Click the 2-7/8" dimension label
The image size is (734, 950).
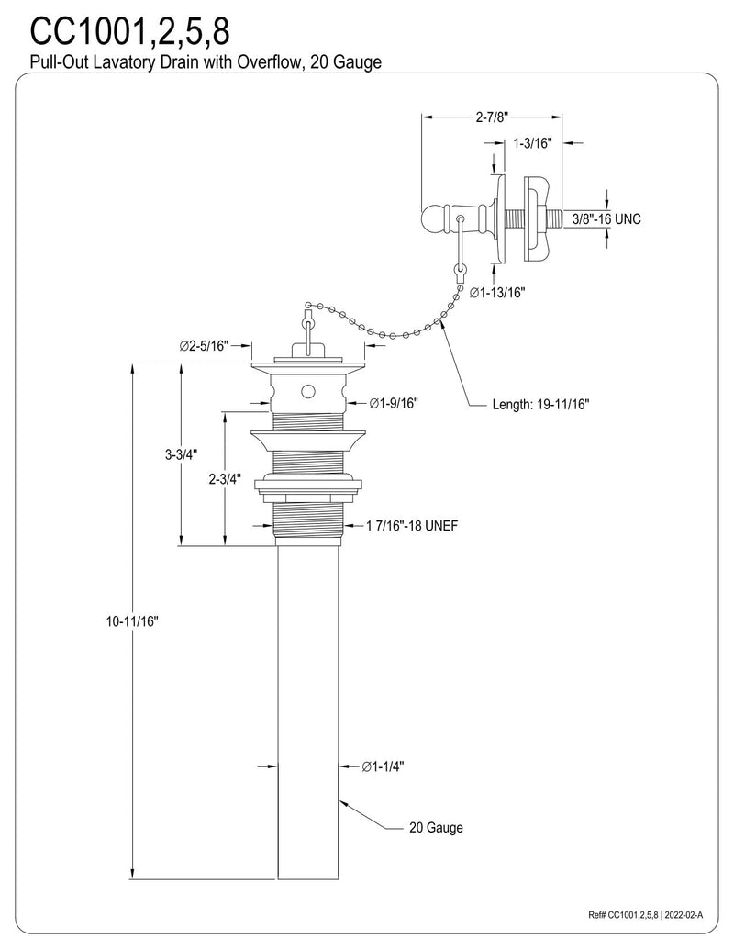[x=492, y=117]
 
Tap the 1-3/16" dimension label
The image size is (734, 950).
[x=533, y=143]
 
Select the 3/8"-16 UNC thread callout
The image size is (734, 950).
[x=606, y=218]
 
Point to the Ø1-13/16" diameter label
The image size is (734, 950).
[x=497, y=292]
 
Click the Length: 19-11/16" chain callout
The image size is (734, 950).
[x=540, y=404]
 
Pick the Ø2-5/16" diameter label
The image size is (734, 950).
[x=204, y=346]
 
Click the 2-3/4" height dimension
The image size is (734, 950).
[x=225, y=478]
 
